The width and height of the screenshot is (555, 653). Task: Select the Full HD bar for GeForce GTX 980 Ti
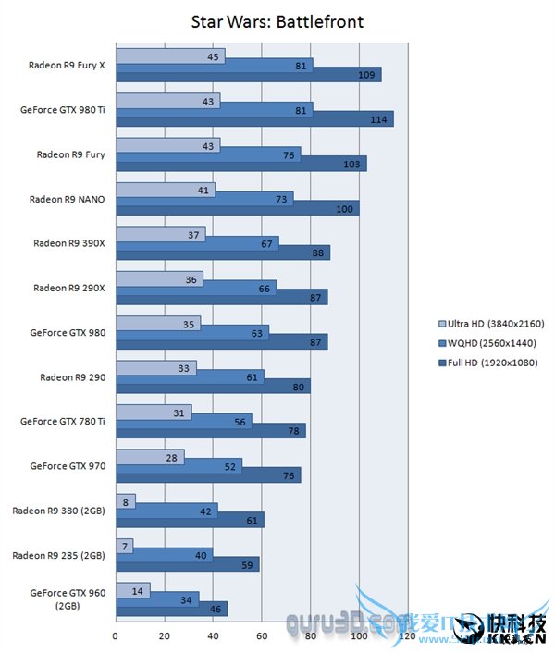click(x=254, y=119)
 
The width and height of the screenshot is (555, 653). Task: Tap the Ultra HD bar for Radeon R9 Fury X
click(x=170, y=56)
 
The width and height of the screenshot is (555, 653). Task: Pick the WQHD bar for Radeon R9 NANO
click(x=204, y=199)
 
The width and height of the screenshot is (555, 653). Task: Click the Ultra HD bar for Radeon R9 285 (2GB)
click(x=124, y=546)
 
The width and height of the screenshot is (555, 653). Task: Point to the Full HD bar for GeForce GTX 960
click(x=171, y=610)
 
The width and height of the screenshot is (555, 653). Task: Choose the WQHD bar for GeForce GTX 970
click(x=179, y=466)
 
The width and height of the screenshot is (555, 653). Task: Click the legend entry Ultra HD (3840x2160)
click(x=491, y=324)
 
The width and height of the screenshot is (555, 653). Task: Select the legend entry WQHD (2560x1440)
click(x=491, y=342)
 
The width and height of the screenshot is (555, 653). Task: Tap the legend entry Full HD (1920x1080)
click(x=491, y=361)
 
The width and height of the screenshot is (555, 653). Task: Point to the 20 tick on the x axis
click(x=165, y=636)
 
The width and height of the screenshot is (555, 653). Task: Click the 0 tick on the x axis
click(x=116, y=636)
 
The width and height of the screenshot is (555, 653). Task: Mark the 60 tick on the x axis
click(x=263, y=636)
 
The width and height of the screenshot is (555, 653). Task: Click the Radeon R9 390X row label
click(x=69, y=244)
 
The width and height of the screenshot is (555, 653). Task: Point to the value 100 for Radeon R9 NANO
click(x=344, y=208)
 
